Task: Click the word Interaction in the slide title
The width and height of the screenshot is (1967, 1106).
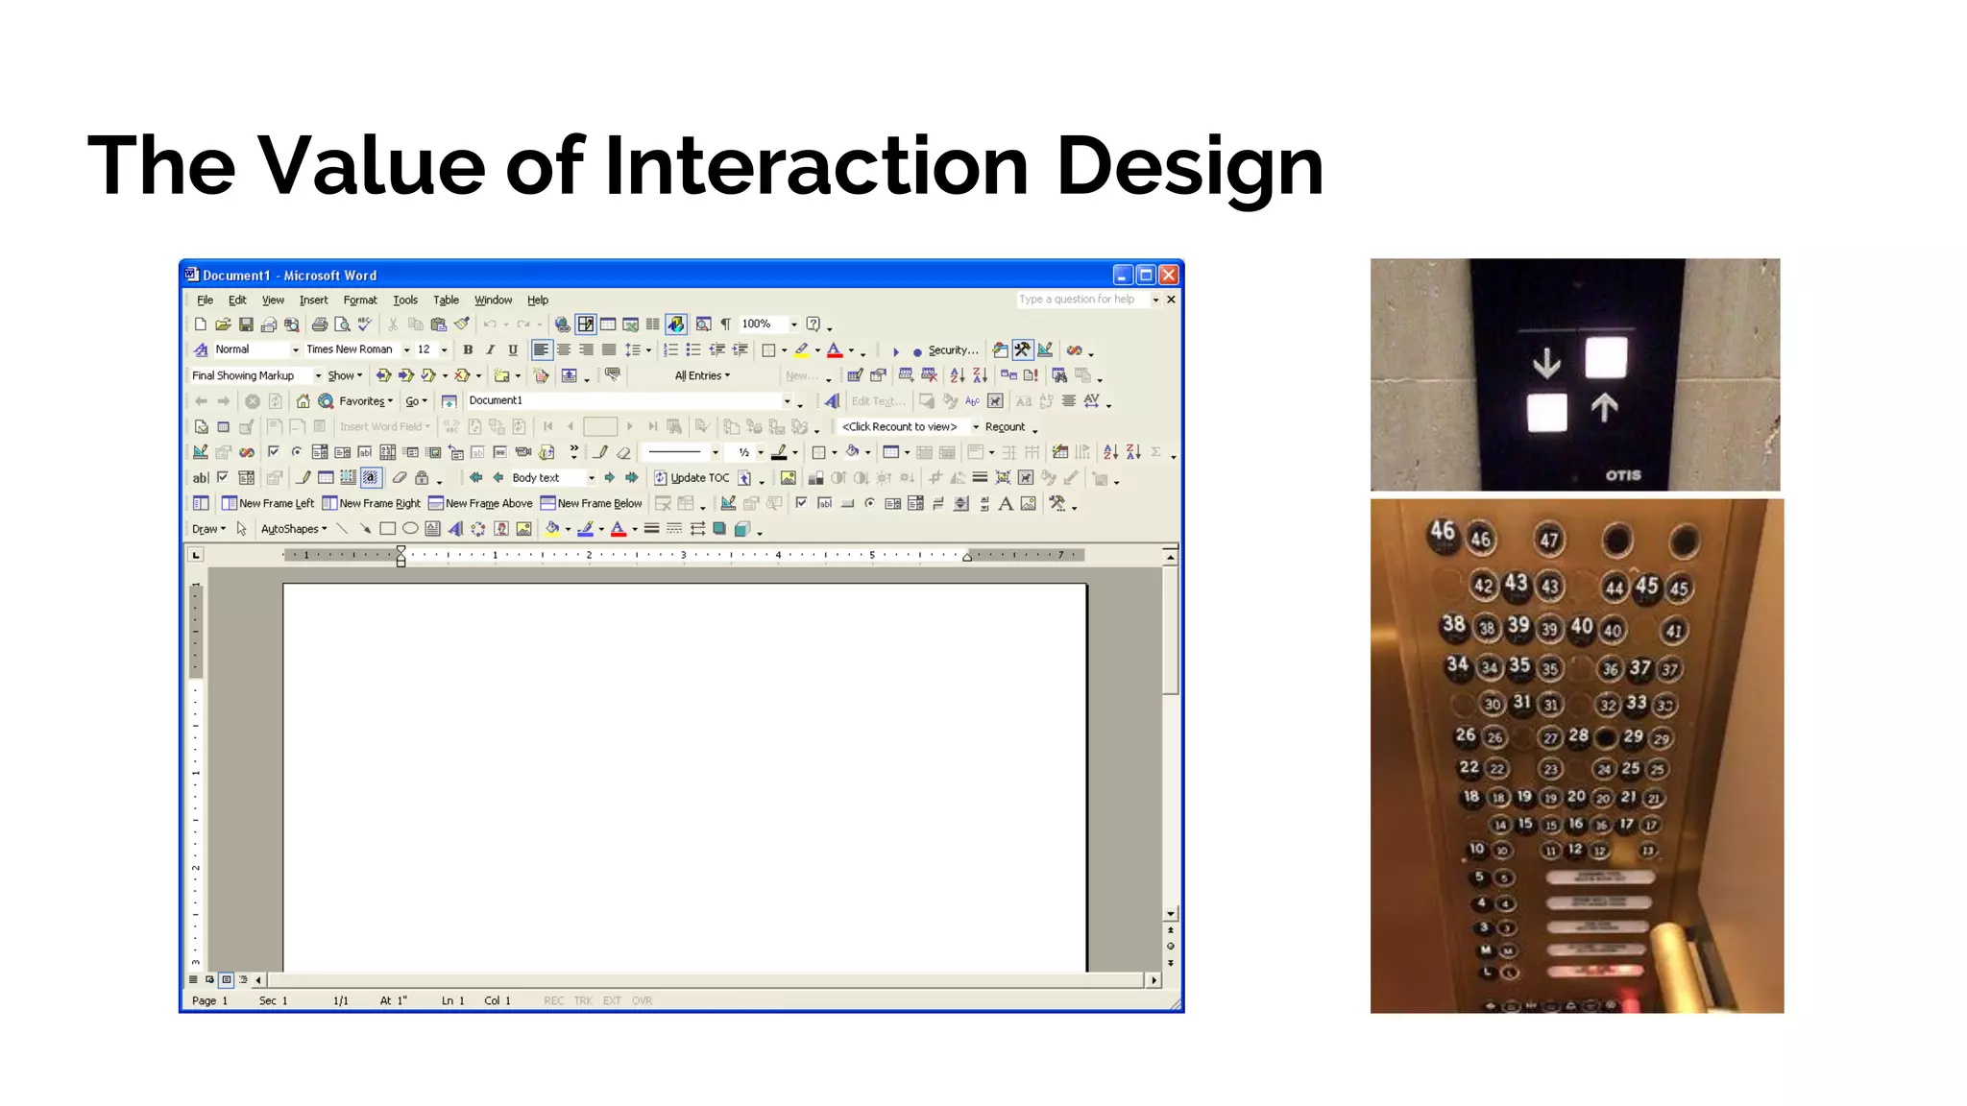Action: [x=815, y=166]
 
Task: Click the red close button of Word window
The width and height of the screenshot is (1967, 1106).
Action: [x=1168, y=275]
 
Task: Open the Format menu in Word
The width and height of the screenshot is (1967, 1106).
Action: [x=360, y=301]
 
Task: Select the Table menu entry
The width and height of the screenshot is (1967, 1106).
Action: [x=446, y=301]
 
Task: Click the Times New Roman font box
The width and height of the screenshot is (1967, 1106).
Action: [x=350, y=349]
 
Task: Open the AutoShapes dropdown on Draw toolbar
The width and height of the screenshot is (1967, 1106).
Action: [x=294, y=529]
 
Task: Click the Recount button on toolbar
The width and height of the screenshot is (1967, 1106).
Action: [x=1005, y=427]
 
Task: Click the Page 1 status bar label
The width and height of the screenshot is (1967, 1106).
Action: [x=209, y=1000]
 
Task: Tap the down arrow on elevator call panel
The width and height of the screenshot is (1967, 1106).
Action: [x=1546, y=364]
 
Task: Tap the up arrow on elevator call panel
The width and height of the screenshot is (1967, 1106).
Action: [x=1603, y=408]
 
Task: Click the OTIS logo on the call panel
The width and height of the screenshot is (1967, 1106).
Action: [x=1623, y=475]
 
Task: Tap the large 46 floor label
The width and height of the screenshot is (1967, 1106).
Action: [x=1442, y=531]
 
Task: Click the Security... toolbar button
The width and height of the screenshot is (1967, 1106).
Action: [x=952, y=350]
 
